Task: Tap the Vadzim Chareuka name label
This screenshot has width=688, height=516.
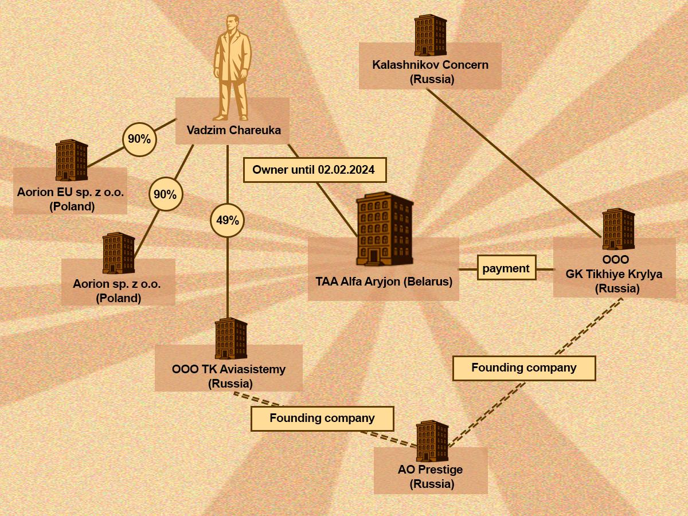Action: click(233, 130)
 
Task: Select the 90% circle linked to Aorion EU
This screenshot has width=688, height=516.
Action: click(139, 139)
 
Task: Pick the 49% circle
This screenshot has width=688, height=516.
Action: click(227, 221)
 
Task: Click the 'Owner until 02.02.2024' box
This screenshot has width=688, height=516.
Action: click(315, 170)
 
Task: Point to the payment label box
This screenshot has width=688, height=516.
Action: click(506, 268)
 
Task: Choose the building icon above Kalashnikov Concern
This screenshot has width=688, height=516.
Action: click(431, 35)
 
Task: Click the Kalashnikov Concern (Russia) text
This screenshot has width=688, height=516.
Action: click(431, 72)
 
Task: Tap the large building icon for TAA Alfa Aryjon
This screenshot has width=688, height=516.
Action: click(385, 229)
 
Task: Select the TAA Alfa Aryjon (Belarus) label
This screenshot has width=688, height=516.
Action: click(384, 282)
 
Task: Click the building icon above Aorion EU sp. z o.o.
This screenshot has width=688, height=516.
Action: click(72, 160)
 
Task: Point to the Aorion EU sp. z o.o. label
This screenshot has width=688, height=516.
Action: click(71, 200)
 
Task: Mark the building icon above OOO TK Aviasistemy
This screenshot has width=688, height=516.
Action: click(230, 338)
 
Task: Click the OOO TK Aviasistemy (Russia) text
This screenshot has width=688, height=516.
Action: click(229, 376)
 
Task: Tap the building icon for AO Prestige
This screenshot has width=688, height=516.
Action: click(432, 441)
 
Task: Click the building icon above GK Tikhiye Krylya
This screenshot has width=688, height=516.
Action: click(619, 229)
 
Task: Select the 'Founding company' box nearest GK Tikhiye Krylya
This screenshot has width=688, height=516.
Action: click(524, 368)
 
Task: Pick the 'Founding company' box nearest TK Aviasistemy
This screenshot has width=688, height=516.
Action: click(322, 419)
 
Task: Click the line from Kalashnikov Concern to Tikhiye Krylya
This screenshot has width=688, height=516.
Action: click(515, 163)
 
